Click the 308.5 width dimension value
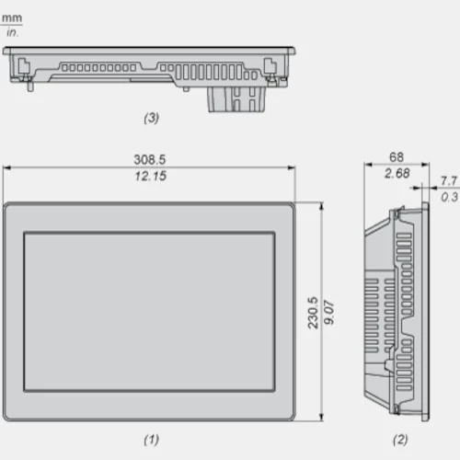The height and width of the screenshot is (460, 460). pos(150,159)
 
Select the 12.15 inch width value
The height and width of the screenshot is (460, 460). pos(151,176)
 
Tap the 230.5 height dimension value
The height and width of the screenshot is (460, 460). pos(313,313)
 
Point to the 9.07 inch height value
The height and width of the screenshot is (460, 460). pos(329,313)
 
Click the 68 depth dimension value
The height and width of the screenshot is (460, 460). pos(397,157)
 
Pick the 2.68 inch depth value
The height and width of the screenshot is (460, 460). pos(397,173)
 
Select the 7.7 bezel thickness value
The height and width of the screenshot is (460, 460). pos(449,181)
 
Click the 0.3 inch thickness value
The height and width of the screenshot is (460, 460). pos(450,197)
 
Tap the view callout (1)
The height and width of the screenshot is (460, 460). pos(151,440)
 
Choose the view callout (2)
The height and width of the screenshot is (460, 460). pos(400,440)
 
